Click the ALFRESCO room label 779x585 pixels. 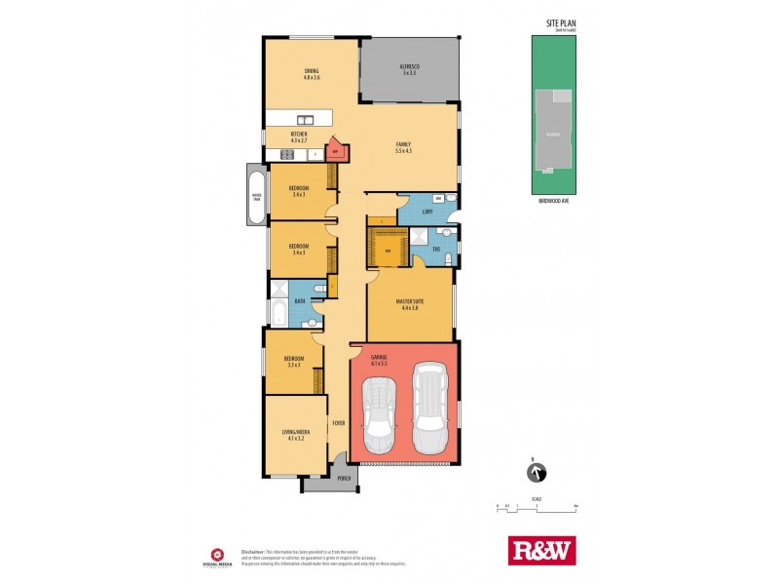(x=408, y=67)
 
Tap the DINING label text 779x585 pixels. (x=311, y=71)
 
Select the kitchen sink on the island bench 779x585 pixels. (x=308, y=117)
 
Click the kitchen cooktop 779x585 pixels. (x=288, y=154)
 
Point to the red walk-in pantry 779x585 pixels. (x=335, y=150)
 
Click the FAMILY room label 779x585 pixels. (x=403, y=144)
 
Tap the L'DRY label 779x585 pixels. (x=428, y=212)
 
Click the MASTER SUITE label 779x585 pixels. (x=408, y=304)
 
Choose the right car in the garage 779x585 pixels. (x=430, y=409)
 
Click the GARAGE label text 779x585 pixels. (x=379, y=358)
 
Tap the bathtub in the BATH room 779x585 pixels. (x=277, y=314)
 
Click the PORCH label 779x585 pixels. (x=343, y=479)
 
